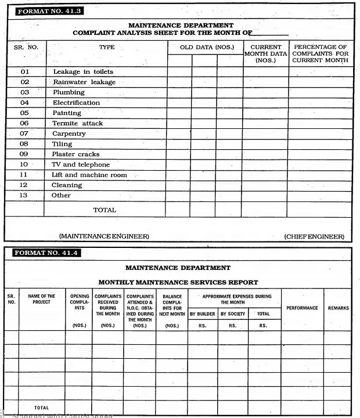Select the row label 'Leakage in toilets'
click(x=83, y=72)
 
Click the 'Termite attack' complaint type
click(x=77, y=124)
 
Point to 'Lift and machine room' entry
click(x=89, y=175)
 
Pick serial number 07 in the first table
click(x=24, y=134)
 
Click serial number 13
click(x=24, y=196)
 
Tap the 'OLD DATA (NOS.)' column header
click(x=204, y=47)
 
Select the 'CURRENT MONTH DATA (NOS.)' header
click(x=266, y=53)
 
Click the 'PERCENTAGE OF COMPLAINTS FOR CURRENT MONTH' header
click(x=320, y=53)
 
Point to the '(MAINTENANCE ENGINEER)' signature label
click(x=104, y=236)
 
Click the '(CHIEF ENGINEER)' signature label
click(x=314, y=237)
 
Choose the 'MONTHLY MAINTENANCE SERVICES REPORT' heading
click(x=192, y=283)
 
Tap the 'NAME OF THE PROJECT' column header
click(x=41, y=299)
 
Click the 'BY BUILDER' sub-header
click(x=203, y=314)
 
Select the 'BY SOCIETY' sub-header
click(x=233, y=314)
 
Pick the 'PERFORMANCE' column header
click(x=302, y=308)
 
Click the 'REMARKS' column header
click(x=338, y=308)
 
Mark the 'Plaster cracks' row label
click(x=75, y=154)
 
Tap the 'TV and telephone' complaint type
click(x=80, y=165)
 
